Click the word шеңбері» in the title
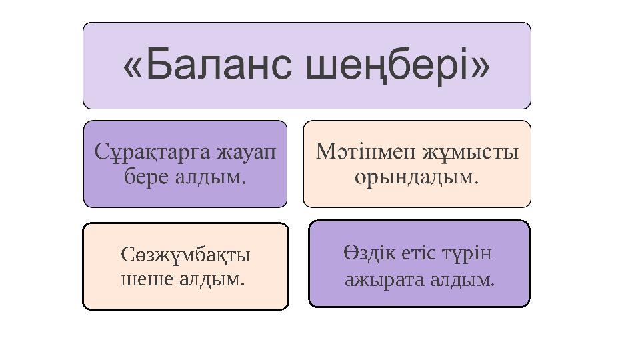[397, 67]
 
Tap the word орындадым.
[417, 177]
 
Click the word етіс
[420, 254]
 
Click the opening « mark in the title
[132, 67]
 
